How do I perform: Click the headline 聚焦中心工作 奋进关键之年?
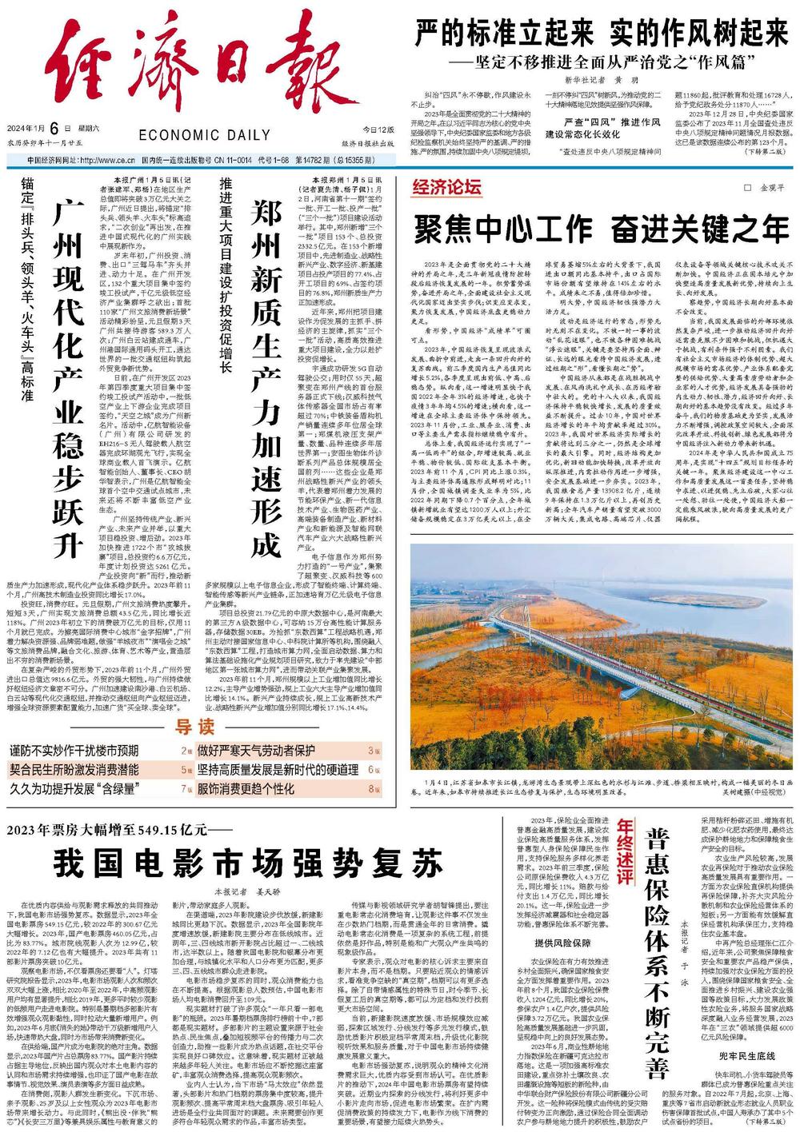click(x=601, y=230)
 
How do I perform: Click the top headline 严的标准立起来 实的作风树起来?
click(x=601, y=34)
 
